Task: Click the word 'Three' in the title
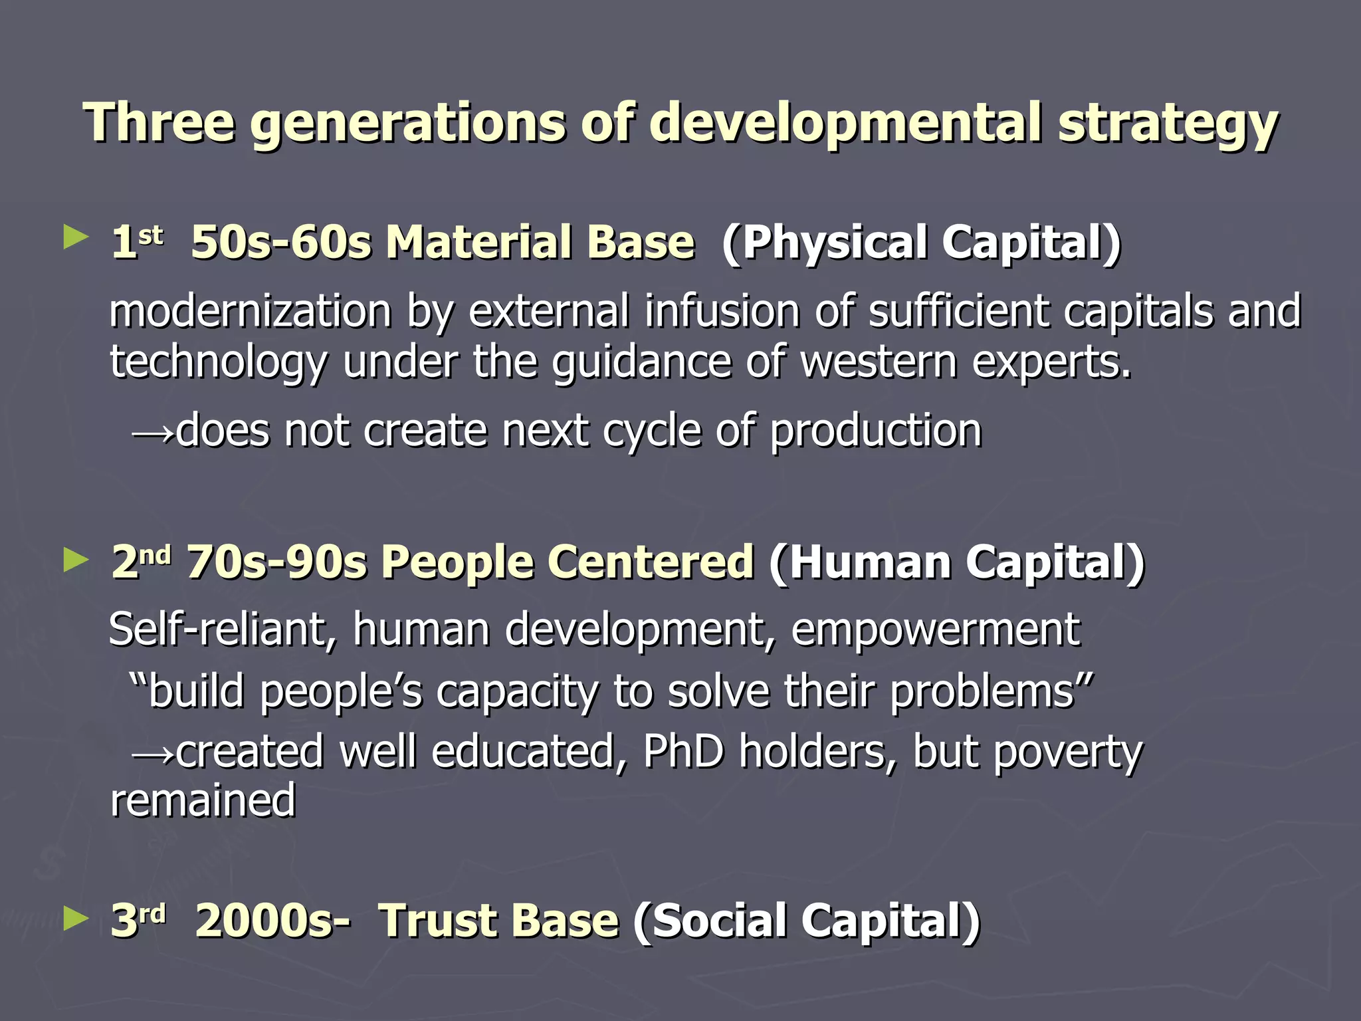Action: coord(159,122)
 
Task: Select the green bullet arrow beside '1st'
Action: coord(76,237)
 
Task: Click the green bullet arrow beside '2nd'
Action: coord(76,560)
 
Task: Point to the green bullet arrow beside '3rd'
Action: coord(76,919)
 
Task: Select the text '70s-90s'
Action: coord(276,563)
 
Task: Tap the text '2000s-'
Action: coord(272,922)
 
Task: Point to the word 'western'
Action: coord(878,362)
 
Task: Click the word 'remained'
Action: coord(203,800)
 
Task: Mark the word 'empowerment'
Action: coord(936,630)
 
